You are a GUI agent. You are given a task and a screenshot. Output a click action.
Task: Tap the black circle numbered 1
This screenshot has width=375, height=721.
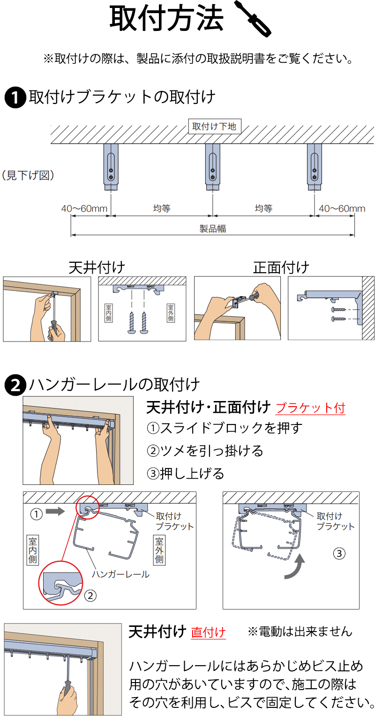coord(15,98)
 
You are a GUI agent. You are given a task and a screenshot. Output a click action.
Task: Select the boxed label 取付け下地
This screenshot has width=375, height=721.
coord(215,126)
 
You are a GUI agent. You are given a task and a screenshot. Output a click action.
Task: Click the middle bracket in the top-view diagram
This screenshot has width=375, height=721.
coord(212,166)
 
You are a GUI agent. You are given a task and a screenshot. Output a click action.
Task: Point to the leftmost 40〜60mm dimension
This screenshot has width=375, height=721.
coord(84,208)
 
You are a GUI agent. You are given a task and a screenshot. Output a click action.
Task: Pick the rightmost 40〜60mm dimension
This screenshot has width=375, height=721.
coord(342,208)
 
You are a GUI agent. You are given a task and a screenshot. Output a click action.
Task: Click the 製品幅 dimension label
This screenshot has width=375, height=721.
coord(213,229)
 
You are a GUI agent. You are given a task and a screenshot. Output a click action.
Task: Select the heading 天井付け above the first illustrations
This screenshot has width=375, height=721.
coord(97,268)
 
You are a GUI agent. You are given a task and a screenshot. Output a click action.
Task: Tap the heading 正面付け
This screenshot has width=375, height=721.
coord(281,268)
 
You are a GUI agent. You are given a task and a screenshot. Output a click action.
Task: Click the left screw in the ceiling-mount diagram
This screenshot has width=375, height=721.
coord(132,322)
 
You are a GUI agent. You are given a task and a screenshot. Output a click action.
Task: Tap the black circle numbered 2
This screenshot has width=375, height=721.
coord(15,385)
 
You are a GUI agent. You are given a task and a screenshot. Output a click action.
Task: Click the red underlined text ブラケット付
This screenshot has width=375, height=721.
coord(310,408)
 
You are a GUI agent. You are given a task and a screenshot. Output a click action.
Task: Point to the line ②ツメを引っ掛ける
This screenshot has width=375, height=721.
coord(205,451)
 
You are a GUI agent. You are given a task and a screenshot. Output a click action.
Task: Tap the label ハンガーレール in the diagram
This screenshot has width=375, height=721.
coord(120,574)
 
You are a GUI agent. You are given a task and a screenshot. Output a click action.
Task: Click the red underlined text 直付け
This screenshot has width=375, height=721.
coord(208,632)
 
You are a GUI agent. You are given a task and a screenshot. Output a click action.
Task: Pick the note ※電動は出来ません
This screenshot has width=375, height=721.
coord(300,632)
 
